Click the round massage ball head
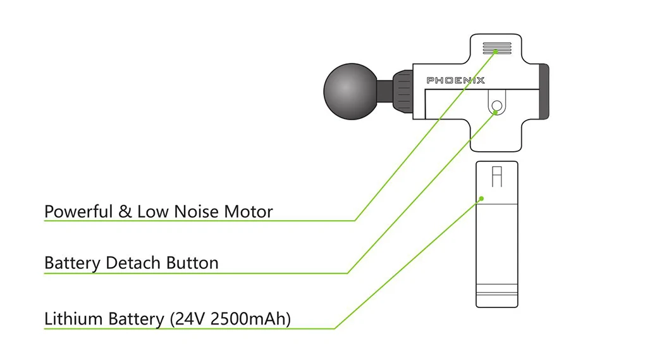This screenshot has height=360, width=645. point(352,91)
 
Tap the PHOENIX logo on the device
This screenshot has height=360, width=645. point(455,80)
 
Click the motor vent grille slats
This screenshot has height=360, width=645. point(497,48)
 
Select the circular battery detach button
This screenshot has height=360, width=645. point(496,106)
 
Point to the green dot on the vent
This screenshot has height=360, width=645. point(496,52)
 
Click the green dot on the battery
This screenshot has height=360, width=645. point(481,199)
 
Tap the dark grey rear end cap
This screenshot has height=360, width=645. point(544,92)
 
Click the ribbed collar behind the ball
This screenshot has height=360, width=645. point(403,91)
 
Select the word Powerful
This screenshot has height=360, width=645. point(78,212)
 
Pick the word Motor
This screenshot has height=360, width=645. point(248,211)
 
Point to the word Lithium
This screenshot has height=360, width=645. point(73,319)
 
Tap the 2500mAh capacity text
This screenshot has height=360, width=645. point(248,319)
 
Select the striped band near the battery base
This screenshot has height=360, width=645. point(496,289)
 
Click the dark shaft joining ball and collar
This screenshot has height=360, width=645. point(384,91)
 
